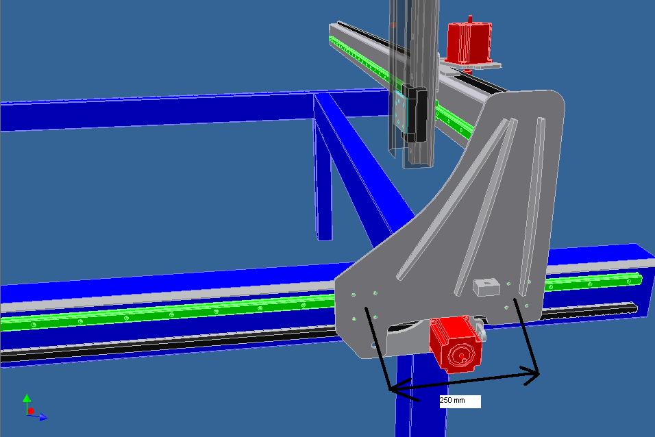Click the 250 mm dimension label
[x=452, y=400]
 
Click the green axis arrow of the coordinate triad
[x=27, y=402]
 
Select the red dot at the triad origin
[x=31, y=411]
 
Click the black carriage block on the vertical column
[x=414, y=114]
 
